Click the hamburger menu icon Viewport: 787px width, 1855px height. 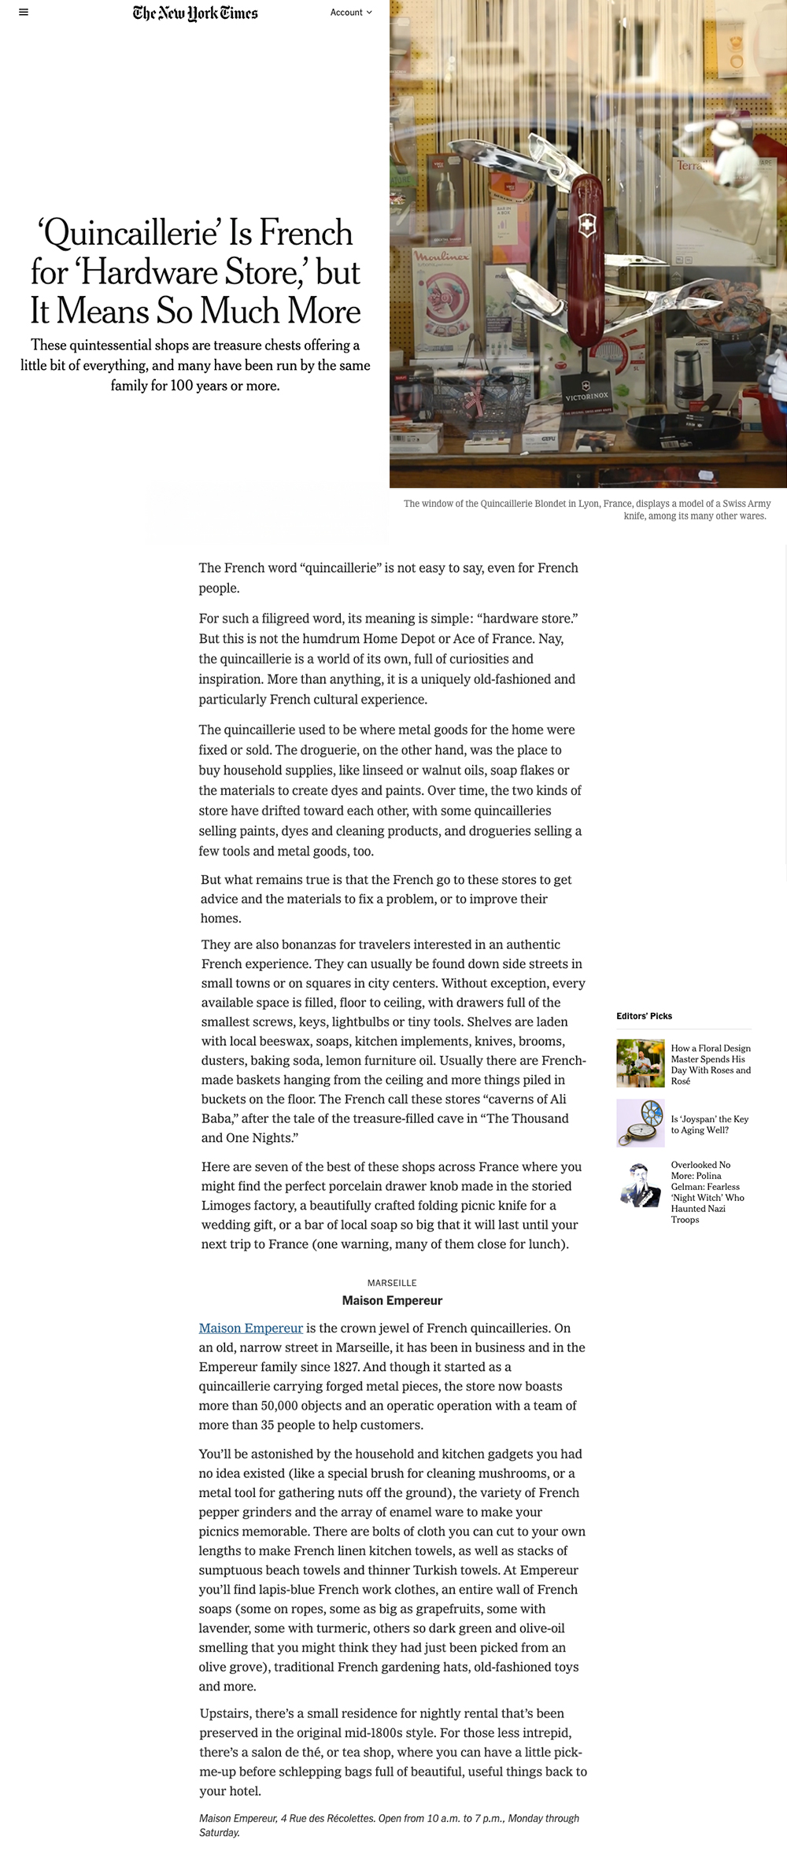click(x=24, y=13)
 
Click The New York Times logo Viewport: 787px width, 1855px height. click(x=195, y=13)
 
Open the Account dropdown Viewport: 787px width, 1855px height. click(x=351, y=13)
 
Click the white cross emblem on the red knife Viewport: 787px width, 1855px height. click(x=586, y=226)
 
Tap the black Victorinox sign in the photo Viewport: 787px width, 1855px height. click(x=586, y=391)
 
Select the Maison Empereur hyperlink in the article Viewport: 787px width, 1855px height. click(x=250, y=1328)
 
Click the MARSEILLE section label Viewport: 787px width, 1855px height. click(x=392, y=1283)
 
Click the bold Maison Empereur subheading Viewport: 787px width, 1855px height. click(x=392, y=1300)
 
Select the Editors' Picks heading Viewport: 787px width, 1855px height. click(x=644, y=1016)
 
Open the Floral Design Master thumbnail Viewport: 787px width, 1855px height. click(x=640, y=1063)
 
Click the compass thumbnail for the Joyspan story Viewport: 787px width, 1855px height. click(x=640, y=1123)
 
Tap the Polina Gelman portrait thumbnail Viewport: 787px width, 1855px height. click(x=640, y=1184)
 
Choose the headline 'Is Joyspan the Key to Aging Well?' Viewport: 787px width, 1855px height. click(x=709, y=1125)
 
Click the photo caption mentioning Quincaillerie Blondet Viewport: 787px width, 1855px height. click(x=586, y=509)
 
